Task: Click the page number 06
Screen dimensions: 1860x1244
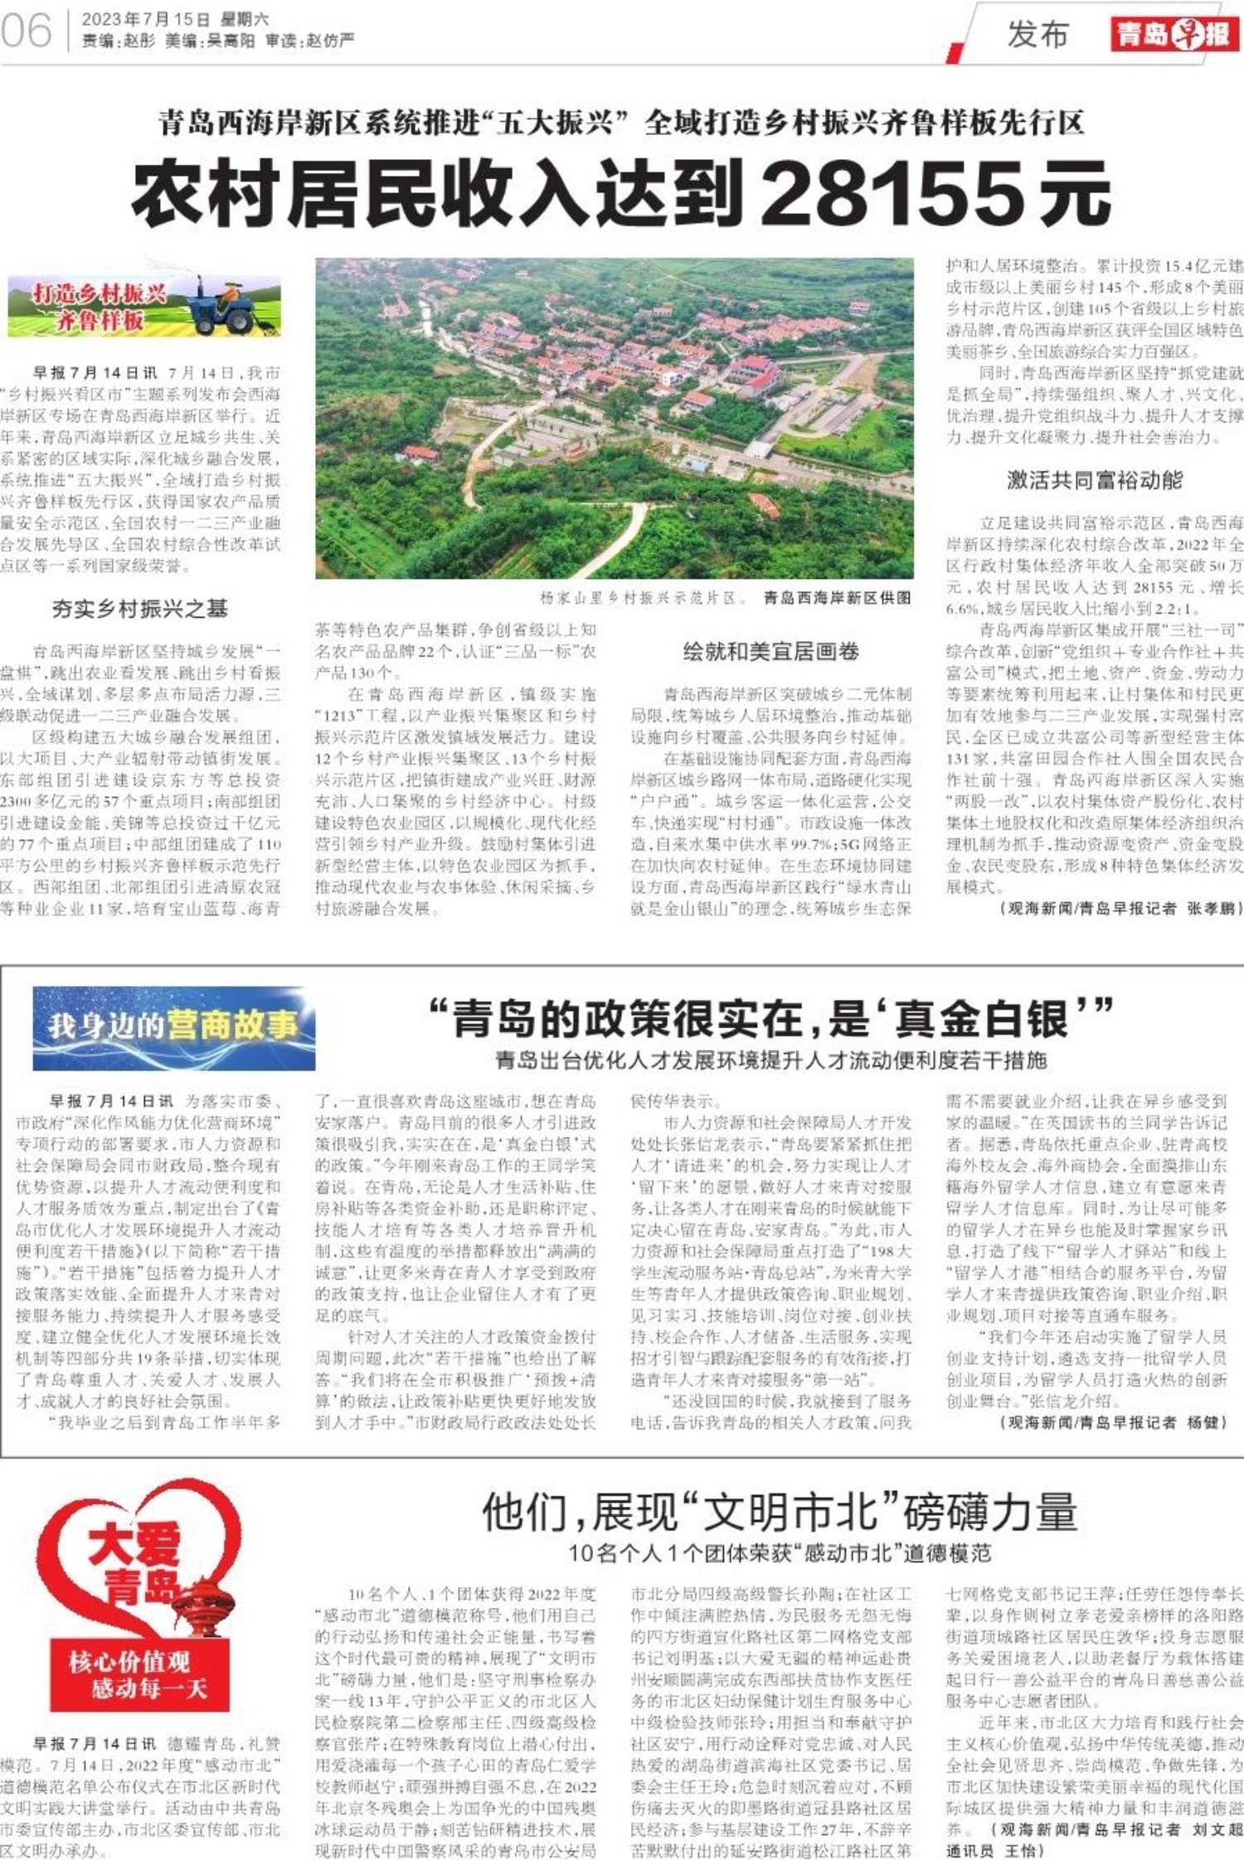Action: point(27,32)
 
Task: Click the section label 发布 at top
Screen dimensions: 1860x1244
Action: point(1037,35)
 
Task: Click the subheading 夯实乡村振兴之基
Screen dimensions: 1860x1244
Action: point(139,609)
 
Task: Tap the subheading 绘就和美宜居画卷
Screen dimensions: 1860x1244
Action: point(770,651)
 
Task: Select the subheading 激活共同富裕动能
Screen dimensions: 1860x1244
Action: point(1094,479)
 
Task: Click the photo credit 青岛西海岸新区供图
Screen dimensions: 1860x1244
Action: point(837,597)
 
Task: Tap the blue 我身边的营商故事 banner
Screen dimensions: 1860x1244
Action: point(174,1027)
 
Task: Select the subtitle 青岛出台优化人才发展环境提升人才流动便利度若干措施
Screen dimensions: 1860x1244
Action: point(770,1061)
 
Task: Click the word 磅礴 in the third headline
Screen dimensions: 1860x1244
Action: point(945,1512)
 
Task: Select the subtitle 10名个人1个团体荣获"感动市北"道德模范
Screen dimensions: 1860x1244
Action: point(779,1553)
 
